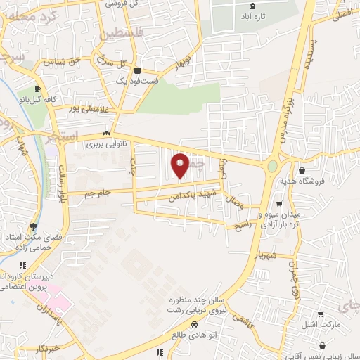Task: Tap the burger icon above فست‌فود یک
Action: point(136,71)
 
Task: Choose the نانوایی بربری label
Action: point(105,145)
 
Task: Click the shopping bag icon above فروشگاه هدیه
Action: point(302,169)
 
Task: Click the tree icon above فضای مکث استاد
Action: point(33,226)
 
